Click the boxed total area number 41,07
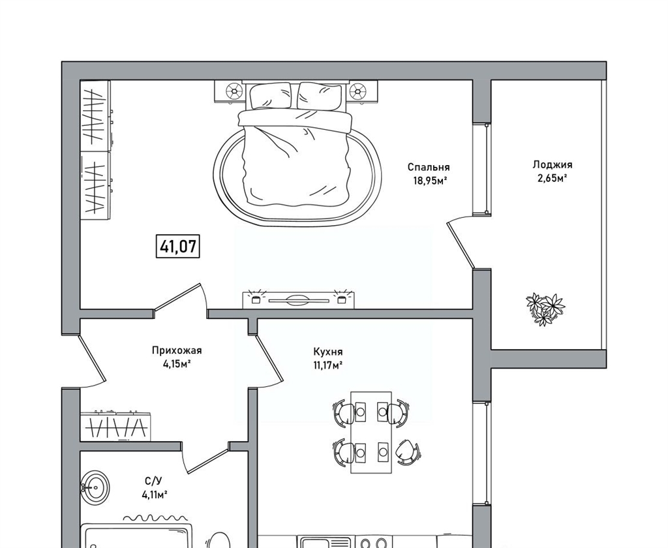click(x=177, y=247)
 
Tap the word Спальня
click(x=429, y=167)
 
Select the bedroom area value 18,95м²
click(x=429, y=181)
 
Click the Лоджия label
click(x=553, y=165)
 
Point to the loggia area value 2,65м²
click(x=553, y=178)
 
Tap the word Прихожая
click(x=177, y=351)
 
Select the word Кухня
click(x=328, y=352)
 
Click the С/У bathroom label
click(x=153, y=481)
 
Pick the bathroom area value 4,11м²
click(x=154, y=495)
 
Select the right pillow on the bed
click(x=320, y=96)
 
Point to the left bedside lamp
click(x=233, y=91)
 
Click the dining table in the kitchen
click(x=371, y=432)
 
